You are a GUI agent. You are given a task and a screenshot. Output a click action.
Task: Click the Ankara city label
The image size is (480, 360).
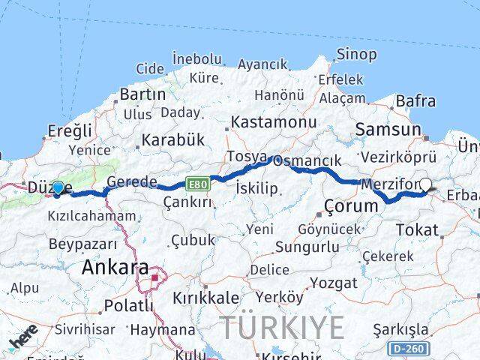point(115,266)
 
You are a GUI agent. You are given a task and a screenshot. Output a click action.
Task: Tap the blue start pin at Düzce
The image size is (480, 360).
point(58,187)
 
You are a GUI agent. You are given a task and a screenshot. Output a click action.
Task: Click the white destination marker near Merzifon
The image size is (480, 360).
point(426,184)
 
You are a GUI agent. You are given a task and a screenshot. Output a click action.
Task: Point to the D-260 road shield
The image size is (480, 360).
point(408,349)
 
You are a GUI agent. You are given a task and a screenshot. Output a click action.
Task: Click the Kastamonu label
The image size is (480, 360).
point(274,121)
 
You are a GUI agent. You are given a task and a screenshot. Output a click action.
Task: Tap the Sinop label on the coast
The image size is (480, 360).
point(356,54)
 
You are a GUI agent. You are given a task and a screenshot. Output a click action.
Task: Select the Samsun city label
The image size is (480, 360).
point(388,129)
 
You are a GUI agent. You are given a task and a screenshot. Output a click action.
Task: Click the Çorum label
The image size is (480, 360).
point(351,205)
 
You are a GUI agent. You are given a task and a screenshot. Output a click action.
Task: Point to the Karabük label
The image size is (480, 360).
point(172,139)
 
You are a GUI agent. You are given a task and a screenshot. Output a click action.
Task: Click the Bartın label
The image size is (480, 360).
point(142,94)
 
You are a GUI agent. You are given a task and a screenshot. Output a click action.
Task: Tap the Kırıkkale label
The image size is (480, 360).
point(205,298)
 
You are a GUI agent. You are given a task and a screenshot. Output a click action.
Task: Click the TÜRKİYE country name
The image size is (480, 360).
point(282,328)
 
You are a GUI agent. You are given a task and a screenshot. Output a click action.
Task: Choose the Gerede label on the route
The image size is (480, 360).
point(132,181)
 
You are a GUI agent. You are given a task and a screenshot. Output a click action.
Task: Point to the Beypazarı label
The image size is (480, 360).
point(82,244)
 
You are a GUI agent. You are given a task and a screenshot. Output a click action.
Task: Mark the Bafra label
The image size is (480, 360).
point(415,100)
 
